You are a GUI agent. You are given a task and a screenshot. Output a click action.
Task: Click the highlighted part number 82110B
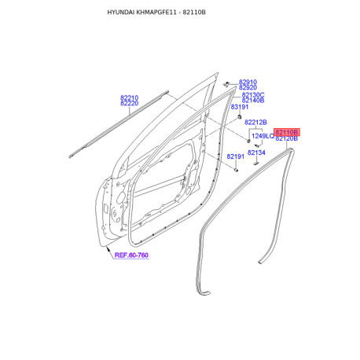point(286,132)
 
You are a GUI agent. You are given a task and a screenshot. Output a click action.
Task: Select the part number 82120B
point(286,138)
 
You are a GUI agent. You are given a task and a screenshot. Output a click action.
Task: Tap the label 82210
point(129,97)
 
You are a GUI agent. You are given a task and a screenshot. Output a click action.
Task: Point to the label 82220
point(129,104)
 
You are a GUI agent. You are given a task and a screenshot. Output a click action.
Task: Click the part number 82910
point(248,82)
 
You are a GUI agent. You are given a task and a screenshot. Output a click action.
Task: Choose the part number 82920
point(248,87)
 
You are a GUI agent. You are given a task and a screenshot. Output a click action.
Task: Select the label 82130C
point(253,94)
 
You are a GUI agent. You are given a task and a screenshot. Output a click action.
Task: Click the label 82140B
point(253,101)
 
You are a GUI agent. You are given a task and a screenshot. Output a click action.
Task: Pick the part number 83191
point(240,107)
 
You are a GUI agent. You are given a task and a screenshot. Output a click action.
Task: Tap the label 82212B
point(255,122)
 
